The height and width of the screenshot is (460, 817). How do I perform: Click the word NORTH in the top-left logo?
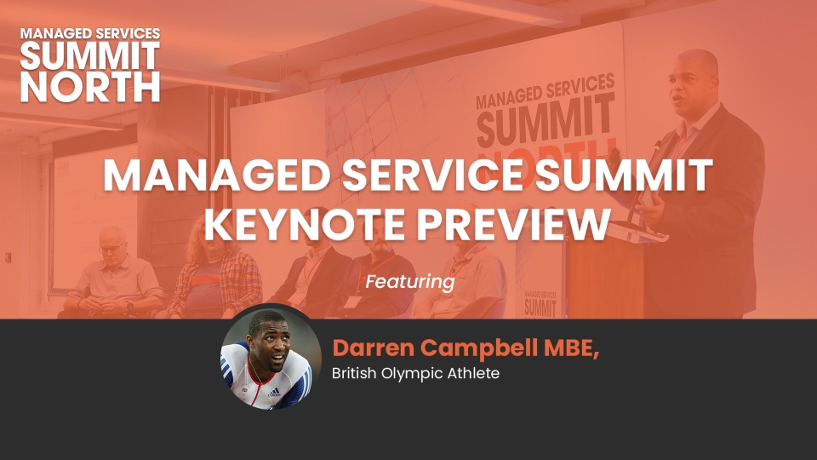pyautogui.click(x=90, y=87)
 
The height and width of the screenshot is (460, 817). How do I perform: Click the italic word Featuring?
pyautogui.click(x=410, y=282)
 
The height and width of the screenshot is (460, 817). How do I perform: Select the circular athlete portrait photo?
pyautogui.click(x=271, y=357)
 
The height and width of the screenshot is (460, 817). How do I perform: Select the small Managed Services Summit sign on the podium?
pyautogui.click(x=540, y=303)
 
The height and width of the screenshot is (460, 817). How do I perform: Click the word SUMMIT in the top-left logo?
pyautogui.click(x=90, y=56)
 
